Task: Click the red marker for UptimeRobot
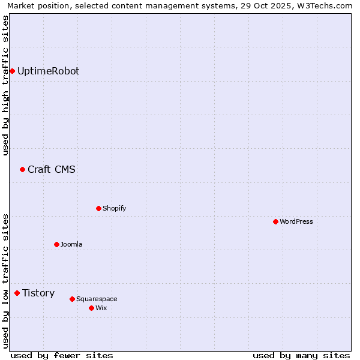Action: (x=12, y=71)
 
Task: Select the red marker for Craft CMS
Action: (x=22, y=170)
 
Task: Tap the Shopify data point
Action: (x=99, y=209)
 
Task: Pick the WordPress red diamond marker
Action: (x=275, y=222)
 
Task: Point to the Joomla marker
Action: (x=57, y=245)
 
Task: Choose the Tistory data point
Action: (x=17, y=293)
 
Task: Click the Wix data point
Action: (x=91, y=308)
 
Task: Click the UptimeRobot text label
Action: (x=48, y=71)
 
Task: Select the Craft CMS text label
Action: (x=52, y=170)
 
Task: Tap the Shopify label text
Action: (x=114, y=209)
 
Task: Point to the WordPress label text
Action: (x=296, y=222)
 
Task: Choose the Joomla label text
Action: (x=71, y=245)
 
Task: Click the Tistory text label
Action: (x=38, y=293)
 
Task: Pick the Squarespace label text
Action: (x=97, y=299)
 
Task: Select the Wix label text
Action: (x=101, y=308)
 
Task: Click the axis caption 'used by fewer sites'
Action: (x=62, y=356)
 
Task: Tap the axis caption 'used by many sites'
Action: (x=301, y=356)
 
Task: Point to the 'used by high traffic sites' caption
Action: (x=6, y=85)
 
